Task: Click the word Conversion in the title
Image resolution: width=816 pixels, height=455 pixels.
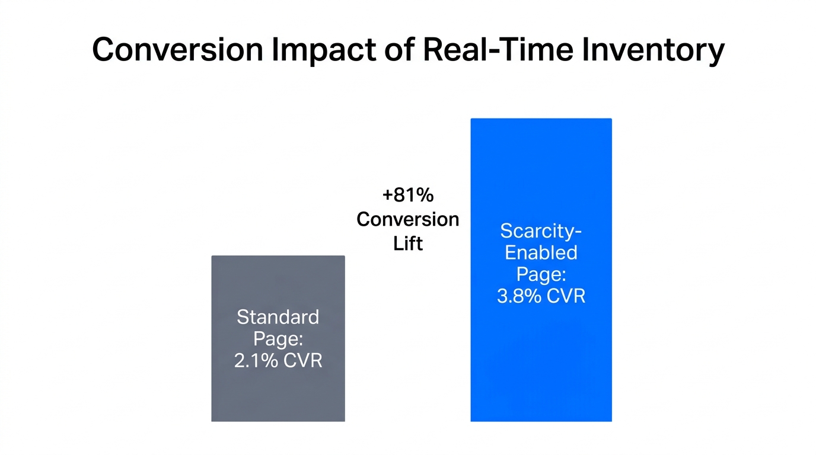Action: coord(177,50)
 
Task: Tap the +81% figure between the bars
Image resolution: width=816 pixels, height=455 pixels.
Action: coord(408,195)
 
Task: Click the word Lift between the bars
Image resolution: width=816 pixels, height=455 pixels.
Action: coord(408,243)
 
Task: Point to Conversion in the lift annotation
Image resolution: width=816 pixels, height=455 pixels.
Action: coord(408,219)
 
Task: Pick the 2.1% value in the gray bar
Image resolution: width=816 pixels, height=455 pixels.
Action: coord(256,360)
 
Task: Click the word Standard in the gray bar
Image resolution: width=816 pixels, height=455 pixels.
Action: coord(278,317)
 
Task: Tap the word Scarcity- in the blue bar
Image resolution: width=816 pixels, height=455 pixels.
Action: coord(541,230)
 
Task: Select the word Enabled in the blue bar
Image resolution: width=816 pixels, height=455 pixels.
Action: coord(541,252)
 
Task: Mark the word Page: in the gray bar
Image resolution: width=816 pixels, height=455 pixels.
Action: coord(278,339)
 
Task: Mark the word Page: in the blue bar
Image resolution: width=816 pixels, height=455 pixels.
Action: coord(541,274)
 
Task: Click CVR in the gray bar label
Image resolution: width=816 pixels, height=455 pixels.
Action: coord(303,360)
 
